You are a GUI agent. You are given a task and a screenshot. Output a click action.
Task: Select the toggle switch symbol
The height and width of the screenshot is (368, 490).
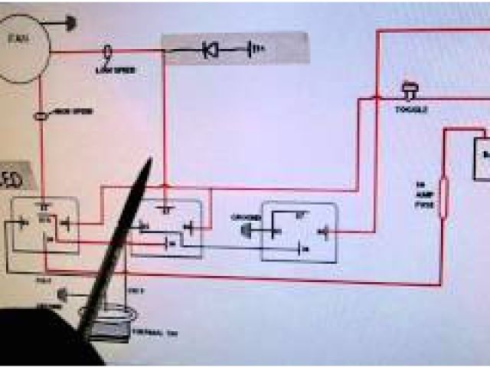coord(407,91)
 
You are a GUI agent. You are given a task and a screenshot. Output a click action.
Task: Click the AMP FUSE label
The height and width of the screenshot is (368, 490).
coord(422,195)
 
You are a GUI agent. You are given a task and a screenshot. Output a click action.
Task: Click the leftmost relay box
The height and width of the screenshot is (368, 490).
coord(44,224)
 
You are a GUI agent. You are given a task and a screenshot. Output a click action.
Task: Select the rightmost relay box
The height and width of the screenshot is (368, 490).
coord(299,230)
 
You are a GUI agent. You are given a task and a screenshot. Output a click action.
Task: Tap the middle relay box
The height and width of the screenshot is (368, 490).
coord(167,228)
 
